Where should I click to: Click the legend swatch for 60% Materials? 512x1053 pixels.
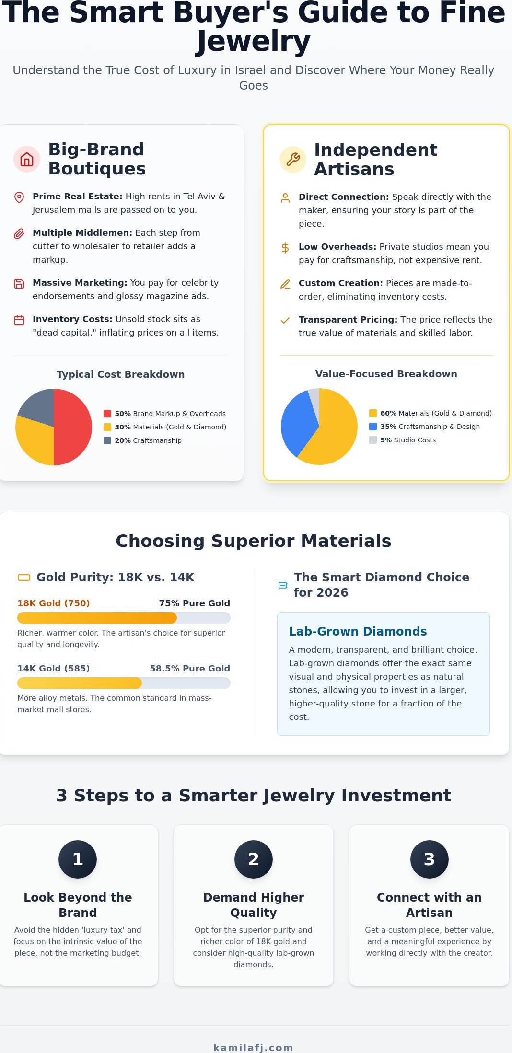(x=373, y=413)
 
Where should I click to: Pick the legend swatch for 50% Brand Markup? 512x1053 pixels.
(x=107, y=414)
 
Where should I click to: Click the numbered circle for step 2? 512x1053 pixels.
(x=254, y=859)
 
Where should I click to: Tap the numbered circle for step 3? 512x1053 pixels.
(x=430, y=859)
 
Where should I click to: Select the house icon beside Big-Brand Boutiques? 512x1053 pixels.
(x=27, y=159)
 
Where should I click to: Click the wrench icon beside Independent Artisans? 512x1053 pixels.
(x=293, y=159)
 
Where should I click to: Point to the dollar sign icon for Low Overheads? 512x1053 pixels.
(x=285, y=248)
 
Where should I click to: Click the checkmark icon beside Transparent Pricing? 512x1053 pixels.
(x=285, y=321)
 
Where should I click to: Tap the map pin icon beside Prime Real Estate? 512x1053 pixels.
(x=19, y=197)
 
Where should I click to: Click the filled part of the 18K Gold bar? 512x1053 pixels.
(x=97, y=618)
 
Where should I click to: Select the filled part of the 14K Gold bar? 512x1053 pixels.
(x=80, y=683)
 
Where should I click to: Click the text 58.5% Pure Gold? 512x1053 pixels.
(x=190, y=668)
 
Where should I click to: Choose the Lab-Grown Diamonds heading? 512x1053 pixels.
(x=358, y=631)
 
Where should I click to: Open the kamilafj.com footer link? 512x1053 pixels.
(x=253, y=1048)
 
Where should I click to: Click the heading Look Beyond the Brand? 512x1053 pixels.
(x=78, y=905)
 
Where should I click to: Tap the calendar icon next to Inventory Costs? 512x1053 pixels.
(x=19, y=320)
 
